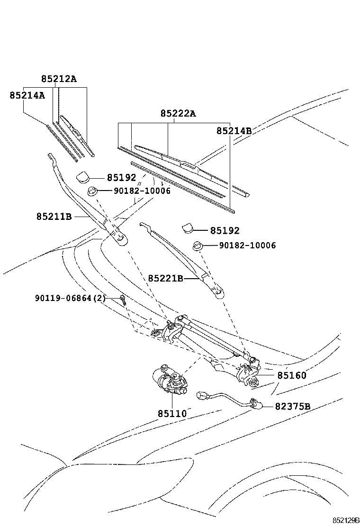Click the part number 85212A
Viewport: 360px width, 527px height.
58,79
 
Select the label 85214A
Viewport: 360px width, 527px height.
27,95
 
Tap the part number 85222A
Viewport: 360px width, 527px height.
178,114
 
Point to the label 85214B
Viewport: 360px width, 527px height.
234,131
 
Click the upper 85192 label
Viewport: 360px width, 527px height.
121,178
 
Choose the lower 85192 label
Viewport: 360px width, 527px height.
225,231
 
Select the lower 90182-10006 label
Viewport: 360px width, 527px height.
247,245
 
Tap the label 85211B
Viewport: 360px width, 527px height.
54,217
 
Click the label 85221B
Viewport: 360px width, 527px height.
165,278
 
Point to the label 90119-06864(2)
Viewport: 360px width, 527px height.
70,298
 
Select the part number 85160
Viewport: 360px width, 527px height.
292,375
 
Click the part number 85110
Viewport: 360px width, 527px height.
172,414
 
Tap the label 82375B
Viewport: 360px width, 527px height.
293,407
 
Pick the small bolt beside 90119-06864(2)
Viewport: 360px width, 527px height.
123,299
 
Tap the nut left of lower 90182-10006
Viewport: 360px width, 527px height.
198,245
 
